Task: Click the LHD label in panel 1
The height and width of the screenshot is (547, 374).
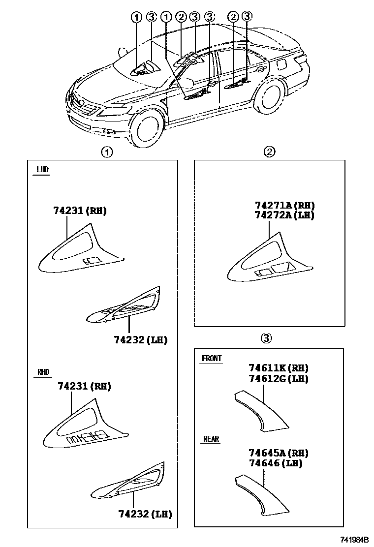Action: click(x=42, y=170)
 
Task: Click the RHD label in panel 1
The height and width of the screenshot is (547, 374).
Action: click(x=44, y=372)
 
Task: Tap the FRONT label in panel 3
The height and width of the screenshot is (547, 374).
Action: click(x=212, y=359)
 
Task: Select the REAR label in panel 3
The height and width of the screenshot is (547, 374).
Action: click(x=211, y=439)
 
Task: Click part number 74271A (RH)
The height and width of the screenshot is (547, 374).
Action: click(x=284, y=205)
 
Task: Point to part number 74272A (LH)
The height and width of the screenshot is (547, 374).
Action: click(x=284, y=215)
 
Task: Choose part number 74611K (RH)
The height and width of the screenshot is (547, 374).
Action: click(x=278, y=368)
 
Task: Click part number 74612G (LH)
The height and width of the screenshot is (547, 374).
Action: click(x=278, y=378)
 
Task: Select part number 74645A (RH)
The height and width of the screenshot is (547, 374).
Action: click(x=278, y=453)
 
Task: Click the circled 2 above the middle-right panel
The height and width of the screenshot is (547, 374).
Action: click(x=269, y=152)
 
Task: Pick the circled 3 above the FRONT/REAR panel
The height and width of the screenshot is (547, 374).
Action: click(x=265, y=338)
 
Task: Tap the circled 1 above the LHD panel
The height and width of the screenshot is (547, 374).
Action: click(x=106, y=152)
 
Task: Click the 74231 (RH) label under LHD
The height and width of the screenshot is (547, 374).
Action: click(x=80, y=211)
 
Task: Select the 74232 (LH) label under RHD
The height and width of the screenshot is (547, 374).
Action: click(x=145, y=515)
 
